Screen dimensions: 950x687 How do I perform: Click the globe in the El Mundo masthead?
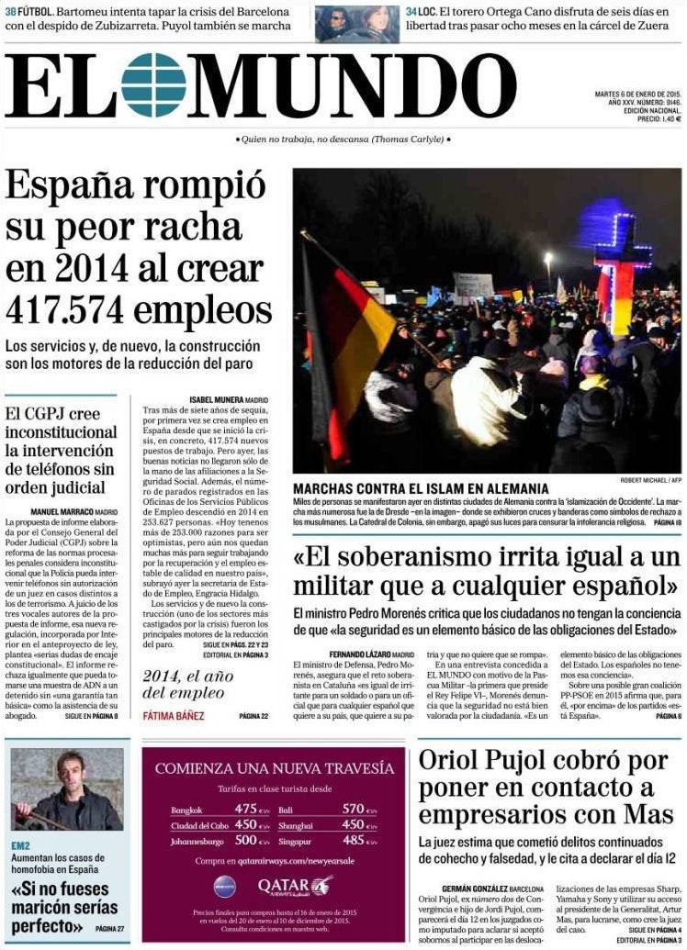(x=153, y=85)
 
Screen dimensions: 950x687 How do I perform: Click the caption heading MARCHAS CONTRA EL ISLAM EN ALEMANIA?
(x=421, y=489)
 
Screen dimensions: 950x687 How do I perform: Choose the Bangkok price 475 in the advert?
(x=245, y=809)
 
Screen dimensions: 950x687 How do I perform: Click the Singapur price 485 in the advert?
(x=354, y=839)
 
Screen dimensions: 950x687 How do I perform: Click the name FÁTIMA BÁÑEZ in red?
(x=174, y=716)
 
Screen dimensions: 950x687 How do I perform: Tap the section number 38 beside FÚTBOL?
(x=11, y=10)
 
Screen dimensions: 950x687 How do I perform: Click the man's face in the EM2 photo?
(x=69, y=766)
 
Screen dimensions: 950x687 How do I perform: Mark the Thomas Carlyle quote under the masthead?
(x=343, y=139)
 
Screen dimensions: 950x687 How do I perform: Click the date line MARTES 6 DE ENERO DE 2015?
(x=637, y=93)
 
